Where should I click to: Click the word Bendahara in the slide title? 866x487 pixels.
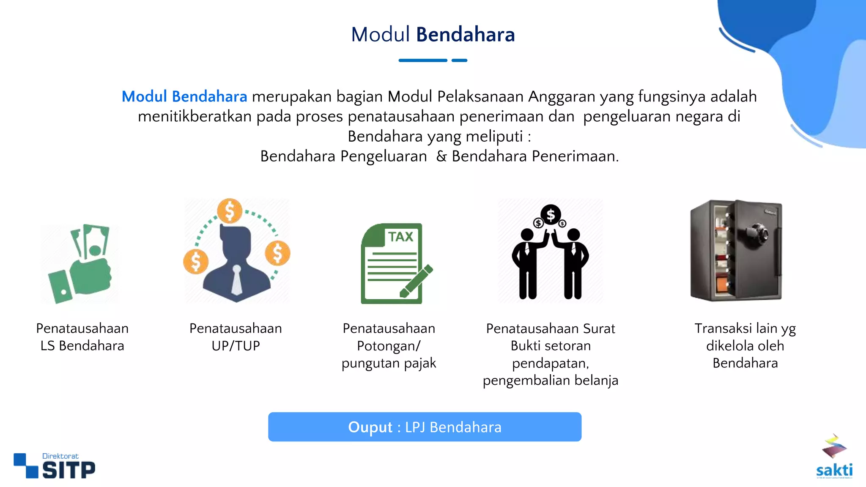point(465,35)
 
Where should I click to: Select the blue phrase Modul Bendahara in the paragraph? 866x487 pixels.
point(184,97)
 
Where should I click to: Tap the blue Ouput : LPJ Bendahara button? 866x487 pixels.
point(425,427)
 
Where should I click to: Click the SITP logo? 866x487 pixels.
point(55,467)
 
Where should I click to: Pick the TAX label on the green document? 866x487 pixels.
point(400,237)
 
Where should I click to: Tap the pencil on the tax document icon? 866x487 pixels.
point(417,281)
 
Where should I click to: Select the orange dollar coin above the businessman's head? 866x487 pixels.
point(230,211)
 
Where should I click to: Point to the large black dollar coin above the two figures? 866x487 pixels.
point(551,215)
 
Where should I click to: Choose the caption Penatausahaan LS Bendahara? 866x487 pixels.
point(82,337)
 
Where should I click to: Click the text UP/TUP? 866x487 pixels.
point(236,346)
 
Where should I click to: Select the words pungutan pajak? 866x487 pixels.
point(389,363)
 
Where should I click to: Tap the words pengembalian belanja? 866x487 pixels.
point(551,380)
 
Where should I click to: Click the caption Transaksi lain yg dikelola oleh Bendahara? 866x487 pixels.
point(745,346)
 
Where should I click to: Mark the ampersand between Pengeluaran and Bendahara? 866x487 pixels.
point(441,156)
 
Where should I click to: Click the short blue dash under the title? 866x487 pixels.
point(459,60)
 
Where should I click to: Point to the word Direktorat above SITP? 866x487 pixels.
point(60,456)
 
